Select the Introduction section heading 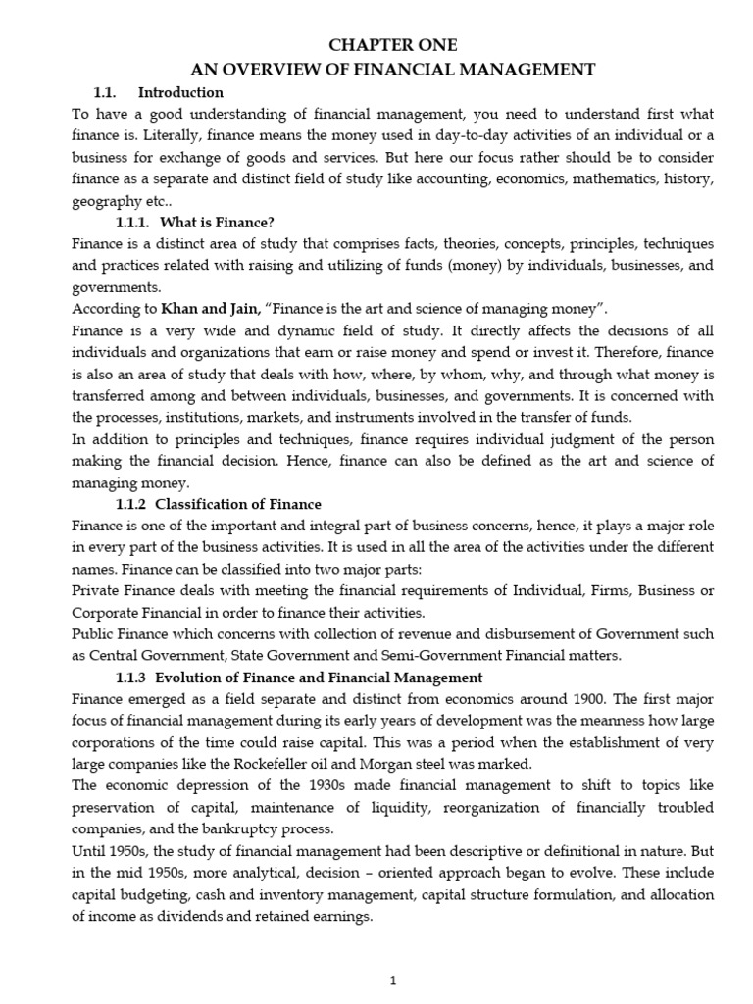pos(180,93)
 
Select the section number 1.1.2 pos(132,504)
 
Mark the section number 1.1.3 pos(132,677)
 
